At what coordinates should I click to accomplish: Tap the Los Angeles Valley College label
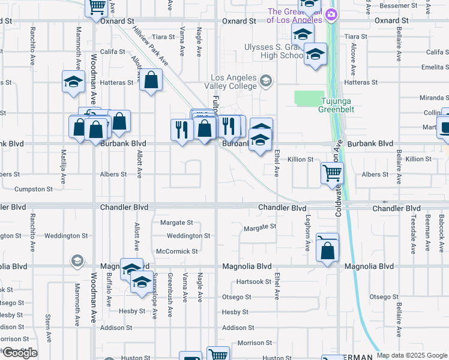tap(234, 82)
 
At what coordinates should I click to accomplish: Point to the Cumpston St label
tap(33, 189)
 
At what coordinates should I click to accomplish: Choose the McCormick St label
tap(176, 251)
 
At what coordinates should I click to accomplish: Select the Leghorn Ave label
tap(309, 228)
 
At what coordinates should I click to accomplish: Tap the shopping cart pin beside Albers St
tap(332, 173)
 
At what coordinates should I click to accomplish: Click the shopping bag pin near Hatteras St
tap(151, 80)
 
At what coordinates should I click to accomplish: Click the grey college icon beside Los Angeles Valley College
tap(265, 80)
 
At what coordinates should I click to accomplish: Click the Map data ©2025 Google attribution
tap(412, 355)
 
